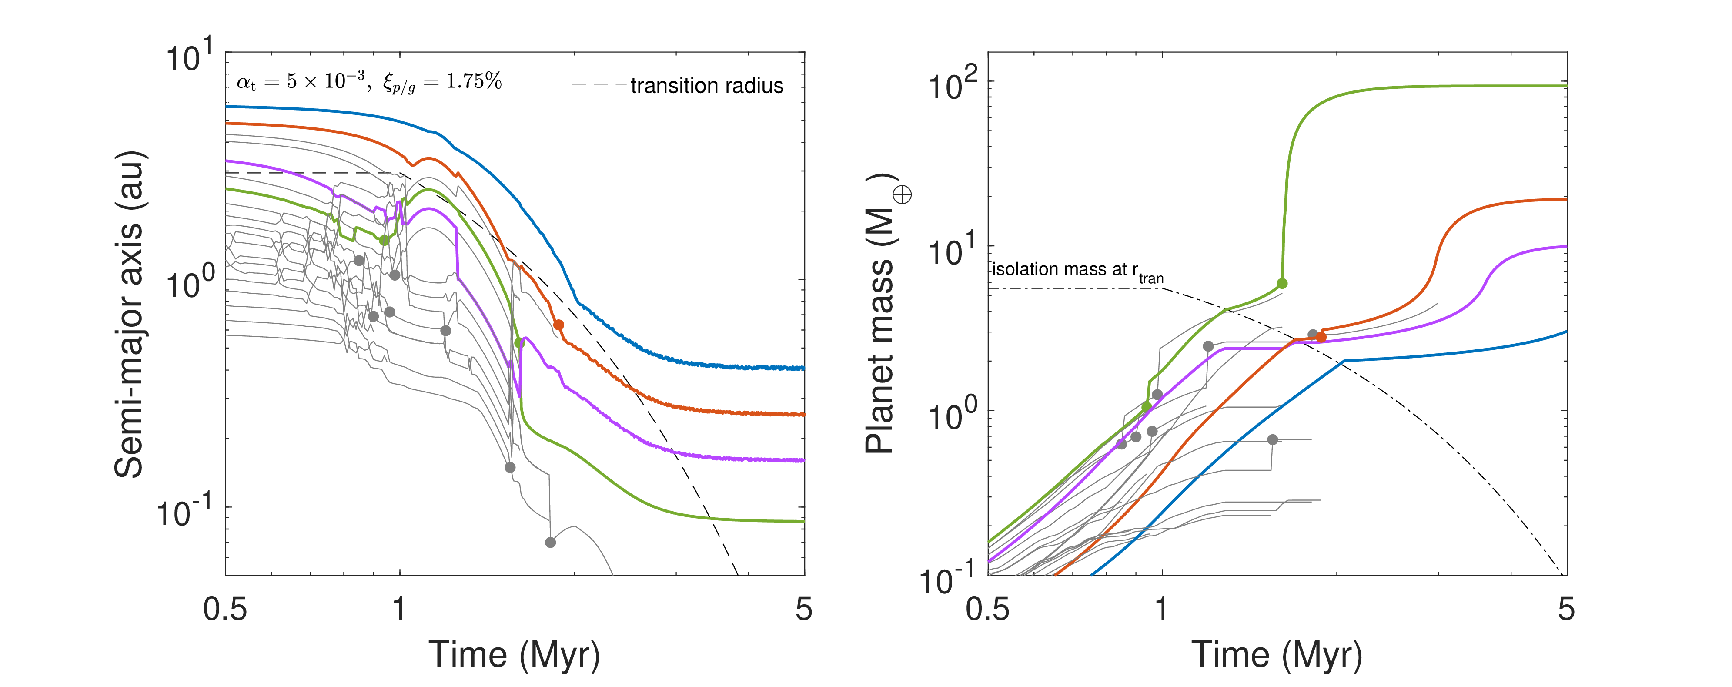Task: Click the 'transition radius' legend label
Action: point(707,85)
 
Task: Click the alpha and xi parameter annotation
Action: point(369,82)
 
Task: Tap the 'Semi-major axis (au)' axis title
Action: point(130,314)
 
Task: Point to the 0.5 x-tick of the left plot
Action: point(225,609)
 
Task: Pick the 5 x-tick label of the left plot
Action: point(804,609)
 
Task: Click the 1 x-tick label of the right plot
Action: point(1161,609)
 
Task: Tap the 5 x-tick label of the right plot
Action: point(1566,609)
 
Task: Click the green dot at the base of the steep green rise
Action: point(1282,283)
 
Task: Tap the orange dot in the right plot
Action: point(1321,337)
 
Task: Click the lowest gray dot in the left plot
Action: point(550,542)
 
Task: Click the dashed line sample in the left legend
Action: point(599,85)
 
